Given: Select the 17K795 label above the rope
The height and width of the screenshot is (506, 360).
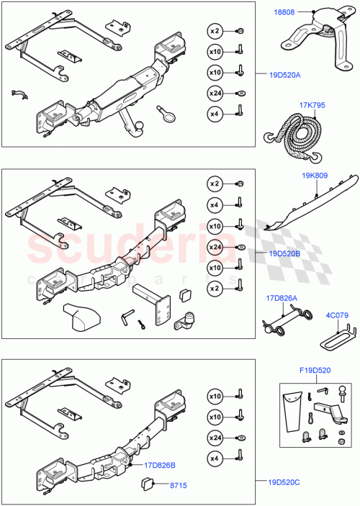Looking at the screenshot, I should coord(312,105).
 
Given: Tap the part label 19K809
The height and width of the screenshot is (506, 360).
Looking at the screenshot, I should coord(314,195).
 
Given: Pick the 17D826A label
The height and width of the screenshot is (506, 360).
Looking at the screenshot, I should coord(282,297).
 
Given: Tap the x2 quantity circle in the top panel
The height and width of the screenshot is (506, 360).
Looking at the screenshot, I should coord(215,31).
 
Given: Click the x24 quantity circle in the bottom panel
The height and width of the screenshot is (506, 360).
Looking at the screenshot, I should coord(215,437).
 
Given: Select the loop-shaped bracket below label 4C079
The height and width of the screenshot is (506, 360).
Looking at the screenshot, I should coord(338,334).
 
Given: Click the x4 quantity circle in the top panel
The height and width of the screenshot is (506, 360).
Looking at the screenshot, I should coord(215,112).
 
